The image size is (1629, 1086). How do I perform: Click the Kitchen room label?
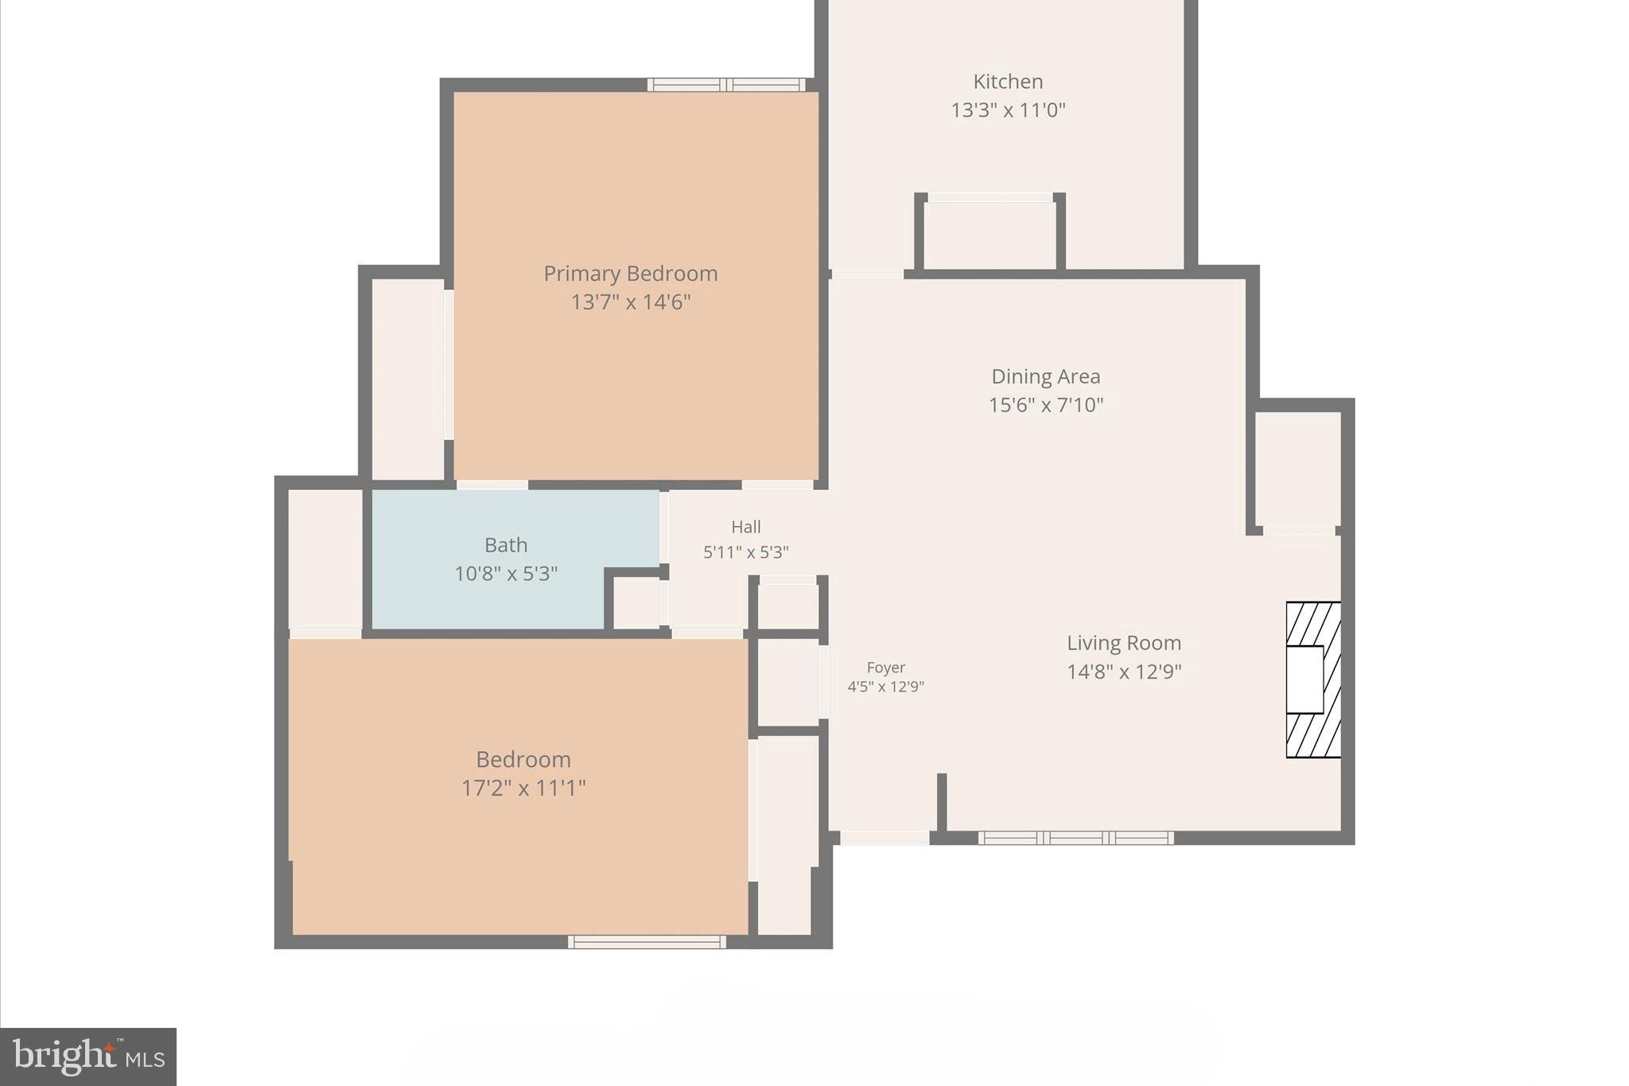click(1007, 82)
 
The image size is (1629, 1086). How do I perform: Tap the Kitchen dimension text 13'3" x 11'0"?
click(1007, 110)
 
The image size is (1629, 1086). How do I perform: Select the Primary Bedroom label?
click(630, 274)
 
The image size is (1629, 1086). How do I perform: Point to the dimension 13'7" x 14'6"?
click(630, 302)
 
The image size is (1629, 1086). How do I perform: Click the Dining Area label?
click(1045, 376)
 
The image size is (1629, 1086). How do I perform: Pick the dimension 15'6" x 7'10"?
click(1045, 405)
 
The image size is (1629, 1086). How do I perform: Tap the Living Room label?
click(1123, 643)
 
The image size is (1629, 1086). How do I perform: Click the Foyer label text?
click(885, 668)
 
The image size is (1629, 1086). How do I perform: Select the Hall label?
click(745, 527)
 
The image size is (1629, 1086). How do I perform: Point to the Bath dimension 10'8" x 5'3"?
click(505, 574)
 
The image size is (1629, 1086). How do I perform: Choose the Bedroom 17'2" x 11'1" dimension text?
click(523, 788)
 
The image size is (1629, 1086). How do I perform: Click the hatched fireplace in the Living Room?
click(1313, 679)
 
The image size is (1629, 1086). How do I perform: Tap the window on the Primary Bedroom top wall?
click(726, 85)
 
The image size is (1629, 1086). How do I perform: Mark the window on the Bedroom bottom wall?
click(647, 942)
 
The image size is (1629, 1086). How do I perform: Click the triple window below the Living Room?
click(1075, 838)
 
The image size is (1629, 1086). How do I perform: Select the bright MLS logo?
click(88, 1057)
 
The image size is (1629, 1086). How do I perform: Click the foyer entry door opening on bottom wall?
click(884, 838)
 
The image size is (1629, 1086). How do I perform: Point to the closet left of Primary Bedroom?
click(407, 378)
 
